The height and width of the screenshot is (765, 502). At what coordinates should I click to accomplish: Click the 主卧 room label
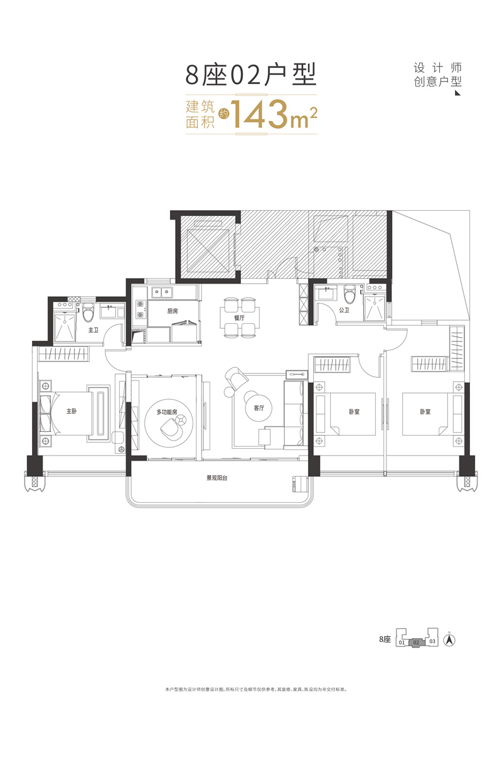click(72, 412)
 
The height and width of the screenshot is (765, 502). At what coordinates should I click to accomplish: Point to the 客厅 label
click(259, 407)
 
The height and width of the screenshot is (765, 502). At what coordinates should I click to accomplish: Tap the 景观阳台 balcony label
click(217, 478)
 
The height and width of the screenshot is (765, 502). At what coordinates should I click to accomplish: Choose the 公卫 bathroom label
click(344, 310)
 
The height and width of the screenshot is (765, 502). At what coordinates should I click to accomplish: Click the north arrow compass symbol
click(449, 640)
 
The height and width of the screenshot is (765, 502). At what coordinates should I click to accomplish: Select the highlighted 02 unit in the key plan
click(416, 642)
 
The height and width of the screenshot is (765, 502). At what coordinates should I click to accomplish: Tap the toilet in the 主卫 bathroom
click(88, 311)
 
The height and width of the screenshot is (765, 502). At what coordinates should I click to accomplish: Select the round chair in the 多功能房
click(171, 427)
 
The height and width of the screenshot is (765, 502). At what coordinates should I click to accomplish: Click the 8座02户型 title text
click(250, 74)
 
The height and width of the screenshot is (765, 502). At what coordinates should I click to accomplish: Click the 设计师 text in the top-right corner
click(438, 68)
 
